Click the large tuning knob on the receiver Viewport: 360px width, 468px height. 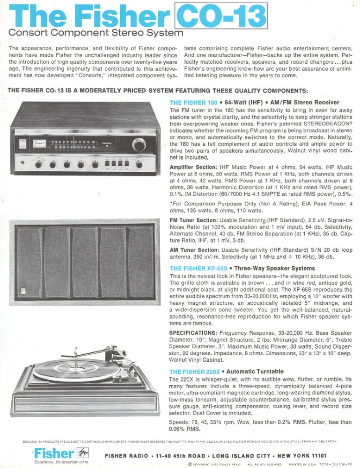(138, 143)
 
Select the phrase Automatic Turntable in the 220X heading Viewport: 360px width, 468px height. (256, 372)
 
